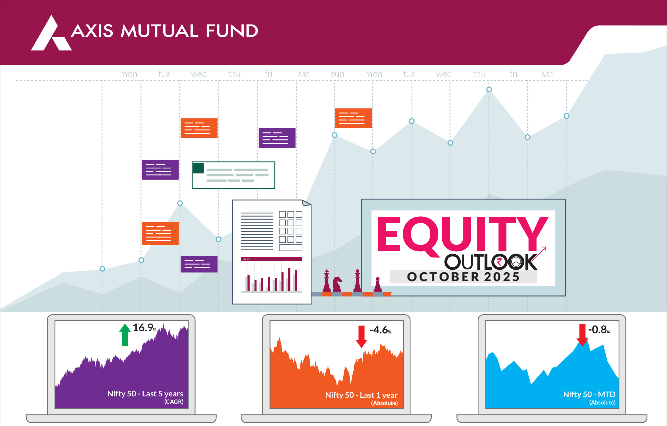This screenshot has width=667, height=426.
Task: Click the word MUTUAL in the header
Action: pyautogui.click(x=159, y=31)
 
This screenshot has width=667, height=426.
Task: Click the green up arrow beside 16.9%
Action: pyautogui.click(x=125, y=335)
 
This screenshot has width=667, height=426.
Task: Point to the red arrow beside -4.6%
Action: pyautogui.click(x=361, y=336)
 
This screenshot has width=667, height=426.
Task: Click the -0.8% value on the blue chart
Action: pyautogui.click(x=599, y=330)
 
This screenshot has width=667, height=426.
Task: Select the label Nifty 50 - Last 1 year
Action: pyautogui.click(x=361, y=395)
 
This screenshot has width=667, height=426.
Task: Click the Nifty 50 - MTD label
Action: pyautogui.click(x=589, y=395)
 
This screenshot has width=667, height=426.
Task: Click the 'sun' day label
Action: pyautogui.click(x=337, y=74)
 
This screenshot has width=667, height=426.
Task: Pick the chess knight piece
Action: pyautogui.click(x=337, y=284)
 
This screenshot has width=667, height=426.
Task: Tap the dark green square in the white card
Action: pyautogui.click(x=198, y=168)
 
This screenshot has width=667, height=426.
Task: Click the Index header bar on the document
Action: pyautogui.click(x=271, y=259)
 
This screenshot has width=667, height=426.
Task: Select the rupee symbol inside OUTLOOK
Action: pyautogui.click(x=500, y=261)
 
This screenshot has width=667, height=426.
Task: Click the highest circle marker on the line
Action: pyautogui.click(x=489, y=90)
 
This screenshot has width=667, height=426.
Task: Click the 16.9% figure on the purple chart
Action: pyautogui.click(x=145, y=328)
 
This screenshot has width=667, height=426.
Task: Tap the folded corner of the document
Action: pyautogui.click(x=306, y=203)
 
